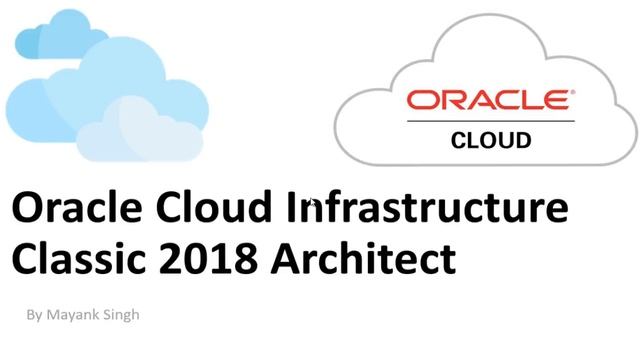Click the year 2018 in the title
pyautogui.click(x=196, y=258)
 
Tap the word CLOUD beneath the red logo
pyautogui.click(x=492, y=140)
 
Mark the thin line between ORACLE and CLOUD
pyautogui.click(x=490, y=121)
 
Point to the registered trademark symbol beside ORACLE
pyautogui.click(x=572, y=93)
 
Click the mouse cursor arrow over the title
pyautogui.click(x=313, y=204)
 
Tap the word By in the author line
pyautogui.click(x=35, y=315)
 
